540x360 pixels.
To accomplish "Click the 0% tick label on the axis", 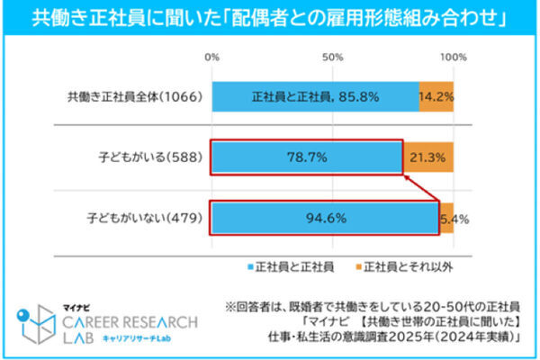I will tap(212, 57).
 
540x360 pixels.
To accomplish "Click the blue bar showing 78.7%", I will tap(306, 158).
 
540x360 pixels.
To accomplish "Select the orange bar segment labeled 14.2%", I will tap(436, 95).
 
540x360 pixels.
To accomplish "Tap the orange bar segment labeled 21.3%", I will tap(428, 158).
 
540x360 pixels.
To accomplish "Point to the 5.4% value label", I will tap(456, 218).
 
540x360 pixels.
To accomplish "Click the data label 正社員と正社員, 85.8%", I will tap(314, 95).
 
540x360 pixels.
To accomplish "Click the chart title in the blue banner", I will tap(270, 17).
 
